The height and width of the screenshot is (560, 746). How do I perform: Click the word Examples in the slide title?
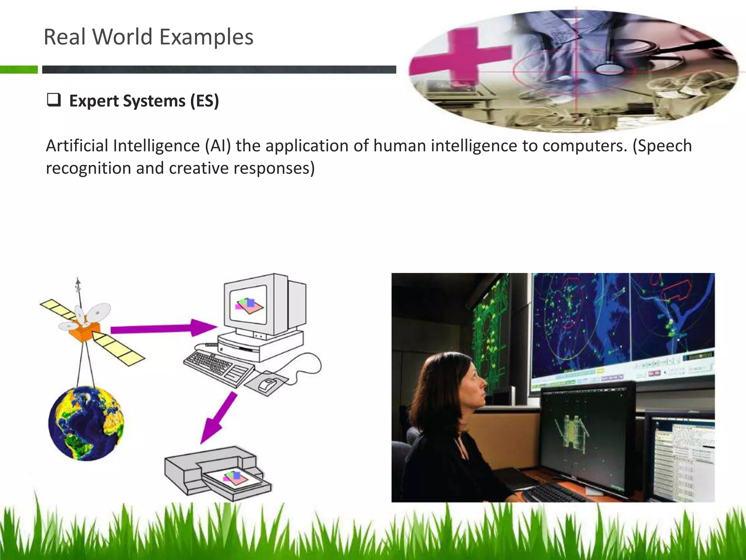pos(206,37)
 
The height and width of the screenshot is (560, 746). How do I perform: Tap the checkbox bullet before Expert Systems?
pos(54,100)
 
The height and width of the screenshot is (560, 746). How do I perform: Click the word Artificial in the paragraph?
pos(77,146)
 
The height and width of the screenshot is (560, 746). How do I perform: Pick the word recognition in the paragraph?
pos(89,168)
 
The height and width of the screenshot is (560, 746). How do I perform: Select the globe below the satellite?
pos(86,423)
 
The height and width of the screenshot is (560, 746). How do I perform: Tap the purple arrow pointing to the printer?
pos(219,417)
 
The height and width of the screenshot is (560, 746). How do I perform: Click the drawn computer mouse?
pos(268,384)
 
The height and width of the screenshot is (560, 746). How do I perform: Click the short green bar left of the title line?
pos(19,69)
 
